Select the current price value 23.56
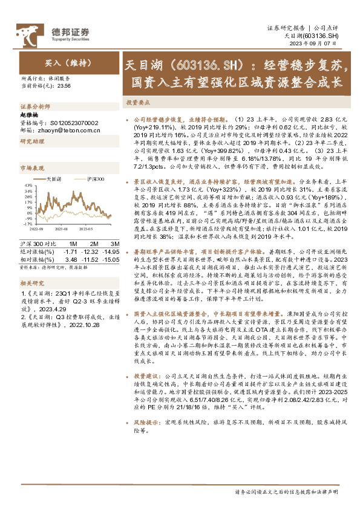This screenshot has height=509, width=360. click(64, 86)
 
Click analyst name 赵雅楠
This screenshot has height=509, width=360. click(30, 114)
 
